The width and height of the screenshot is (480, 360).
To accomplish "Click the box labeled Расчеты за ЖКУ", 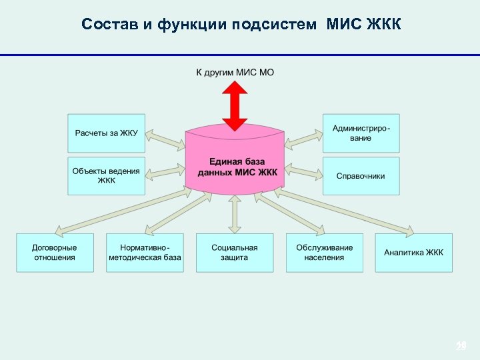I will [106, 133].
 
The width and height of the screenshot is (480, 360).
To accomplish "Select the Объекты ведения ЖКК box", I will [106, 176].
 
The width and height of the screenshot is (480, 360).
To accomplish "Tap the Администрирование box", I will [361, 133].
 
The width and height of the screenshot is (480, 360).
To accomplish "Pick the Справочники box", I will [361, 176].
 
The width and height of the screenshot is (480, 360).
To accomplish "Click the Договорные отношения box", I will [55, 252].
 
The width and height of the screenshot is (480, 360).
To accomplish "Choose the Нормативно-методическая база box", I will [145, 252].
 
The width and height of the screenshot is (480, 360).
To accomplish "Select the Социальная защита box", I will [235, 252].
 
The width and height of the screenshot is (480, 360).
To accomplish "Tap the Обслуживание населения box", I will [325, 252].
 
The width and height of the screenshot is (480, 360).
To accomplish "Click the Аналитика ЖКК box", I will [413, 252].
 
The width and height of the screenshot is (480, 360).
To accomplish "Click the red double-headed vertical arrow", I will [235, 105].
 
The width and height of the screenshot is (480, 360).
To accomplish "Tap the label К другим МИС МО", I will [235, 71].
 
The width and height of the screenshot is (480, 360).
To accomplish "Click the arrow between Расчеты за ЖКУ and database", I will [165, 139].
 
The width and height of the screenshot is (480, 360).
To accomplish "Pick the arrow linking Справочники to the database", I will [303, 173].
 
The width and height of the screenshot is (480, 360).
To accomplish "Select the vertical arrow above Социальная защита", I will [235, 213].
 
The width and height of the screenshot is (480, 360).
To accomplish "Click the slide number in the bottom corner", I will [460, 345].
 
